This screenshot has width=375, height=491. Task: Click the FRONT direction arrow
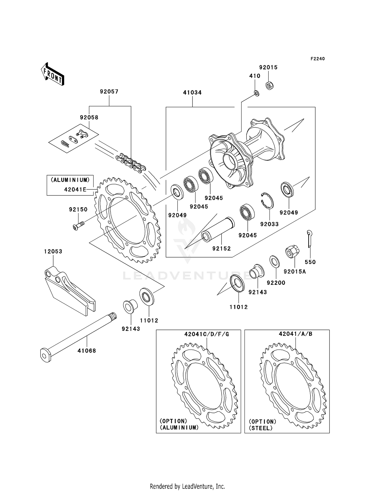53,74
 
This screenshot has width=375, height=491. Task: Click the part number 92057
109,92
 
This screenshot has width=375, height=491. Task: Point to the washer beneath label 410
256,94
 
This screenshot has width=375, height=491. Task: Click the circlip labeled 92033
267,200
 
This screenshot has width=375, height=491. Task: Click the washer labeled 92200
274,262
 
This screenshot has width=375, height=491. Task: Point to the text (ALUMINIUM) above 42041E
70,180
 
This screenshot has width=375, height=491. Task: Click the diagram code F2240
317,59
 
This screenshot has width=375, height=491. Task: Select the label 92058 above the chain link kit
89,118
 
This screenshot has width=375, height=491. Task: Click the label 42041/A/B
295,334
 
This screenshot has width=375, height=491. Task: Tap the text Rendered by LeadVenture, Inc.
187,486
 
